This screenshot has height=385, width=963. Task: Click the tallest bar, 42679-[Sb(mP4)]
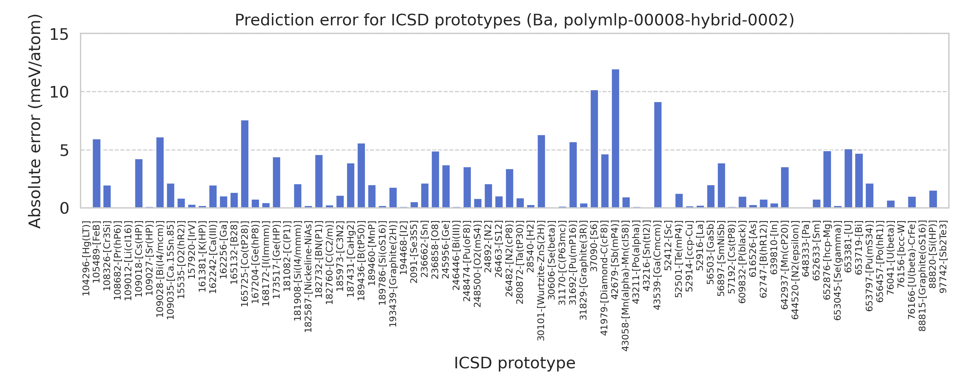coord(615,138)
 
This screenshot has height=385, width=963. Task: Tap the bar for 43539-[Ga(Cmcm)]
coord(658,155)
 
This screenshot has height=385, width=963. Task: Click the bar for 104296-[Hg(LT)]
coord(96,174)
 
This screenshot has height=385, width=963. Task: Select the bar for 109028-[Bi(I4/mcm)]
coord(160,172)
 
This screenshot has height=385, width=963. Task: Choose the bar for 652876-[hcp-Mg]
coord(827,179)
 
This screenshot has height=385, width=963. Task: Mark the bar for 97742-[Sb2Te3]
coord(933,199)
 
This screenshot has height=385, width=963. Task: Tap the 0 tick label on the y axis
coord(64,208)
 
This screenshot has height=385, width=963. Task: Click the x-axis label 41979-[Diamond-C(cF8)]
coord(604,278)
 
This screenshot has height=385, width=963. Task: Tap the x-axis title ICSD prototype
coord(514,363)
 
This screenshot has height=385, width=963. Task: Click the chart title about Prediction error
coord(514,20)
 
